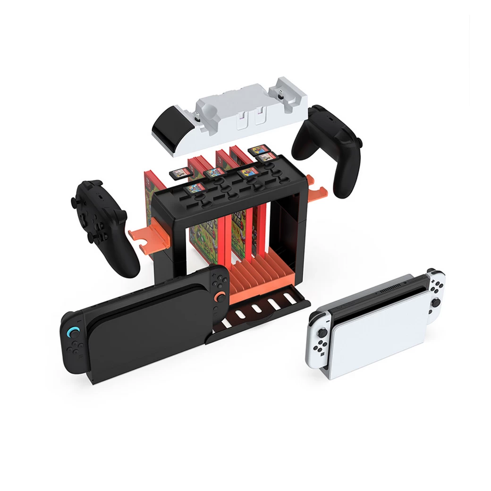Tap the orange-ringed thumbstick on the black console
click(x=220, y=296)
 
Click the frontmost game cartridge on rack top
click(x=193, y=189)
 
